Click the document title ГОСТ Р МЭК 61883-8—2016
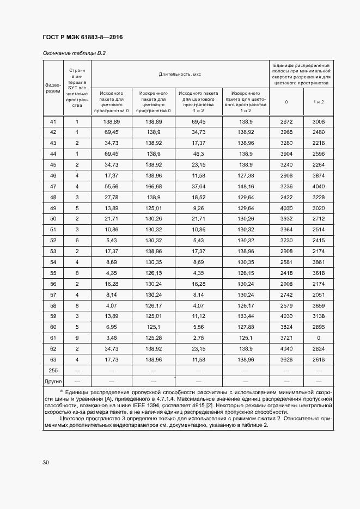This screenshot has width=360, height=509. [82, 37]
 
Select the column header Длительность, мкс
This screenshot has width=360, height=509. [180, 73]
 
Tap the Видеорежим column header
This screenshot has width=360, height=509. [53, 88]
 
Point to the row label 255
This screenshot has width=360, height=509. [53, 371]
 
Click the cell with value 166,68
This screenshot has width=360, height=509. [153, 186]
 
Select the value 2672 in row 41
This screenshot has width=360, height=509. [287, 121]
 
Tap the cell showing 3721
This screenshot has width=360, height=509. [287, 338]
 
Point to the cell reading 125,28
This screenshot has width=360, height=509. [153, 338]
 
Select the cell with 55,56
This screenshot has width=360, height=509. [112, 186]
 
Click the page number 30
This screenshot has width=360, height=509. [46, 463]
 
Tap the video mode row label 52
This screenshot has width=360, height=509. [53, 240]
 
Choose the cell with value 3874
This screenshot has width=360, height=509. [319, 175]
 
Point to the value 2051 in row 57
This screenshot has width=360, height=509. [319, 295]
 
